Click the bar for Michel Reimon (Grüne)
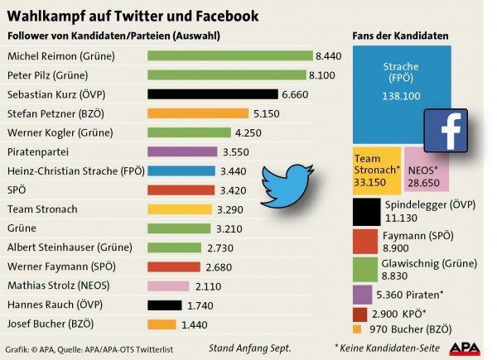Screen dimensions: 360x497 229,56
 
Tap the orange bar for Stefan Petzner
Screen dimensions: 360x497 197,113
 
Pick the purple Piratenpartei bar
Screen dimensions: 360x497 182,152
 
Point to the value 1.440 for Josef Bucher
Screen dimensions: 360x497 192,324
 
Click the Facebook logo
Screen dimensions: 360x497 444,129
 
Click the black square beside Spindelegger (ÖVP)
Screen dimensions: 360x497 366,211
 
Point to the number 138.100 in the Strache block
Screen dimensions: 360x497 402,97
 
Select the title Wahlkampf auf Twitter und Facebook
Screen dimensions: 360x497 133,16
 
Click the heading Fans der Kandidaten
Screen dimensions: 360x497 399,36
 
